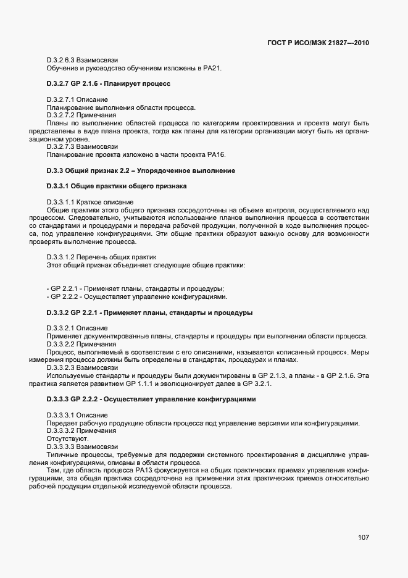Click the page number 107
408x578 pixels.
pyautogui.click(x=363, y=537)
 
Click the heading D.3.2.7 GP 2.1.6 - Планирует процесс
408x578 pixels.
pyautogui.click(x=108, y=83)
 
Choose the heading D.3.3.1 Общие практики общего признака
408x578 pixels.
pyautogui.click(x=117, y=186)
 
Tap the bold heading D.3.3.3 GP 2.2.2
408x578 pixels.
pyautogui.click(x=151, y=399)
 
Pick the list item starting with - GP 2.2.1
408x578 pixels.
pyautogui.click(x=135, y=288)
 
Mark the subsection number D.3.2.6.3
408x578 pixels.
pyautogui.click(x=65, y=59)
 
